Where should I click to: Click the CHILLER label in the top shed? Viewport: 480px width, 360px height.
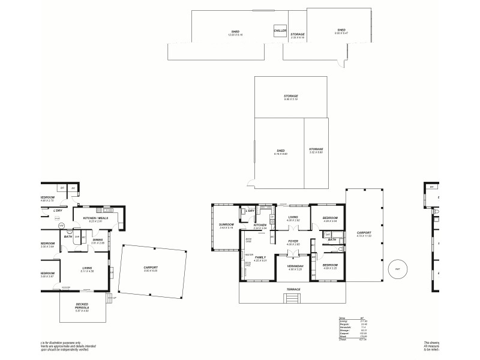coord(280,30)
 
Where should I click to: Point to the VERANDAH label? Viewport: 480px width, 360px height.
coord(295,267)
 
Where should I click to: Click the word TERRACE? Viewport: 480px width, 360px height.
coord(294,289)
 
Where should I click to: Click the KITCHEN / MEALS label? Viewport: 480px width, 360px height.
coord(96,219)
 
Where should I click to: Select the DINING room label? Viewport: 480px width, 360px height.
coord(98,241)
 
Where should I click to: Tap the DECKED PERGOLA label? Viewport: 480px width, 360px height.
coord(82,306)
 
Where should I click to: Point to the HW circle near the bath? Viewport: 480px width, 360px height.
coord(61,226)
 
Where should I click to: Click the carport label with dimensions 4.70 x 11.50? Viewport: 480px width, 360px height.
coord(364,234)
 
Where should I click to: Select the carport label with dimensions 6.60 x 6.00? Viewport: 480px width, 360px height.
coord(150,269)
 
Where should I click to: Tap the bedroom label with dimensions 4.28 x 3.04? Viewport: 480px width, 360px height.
coord(331,219)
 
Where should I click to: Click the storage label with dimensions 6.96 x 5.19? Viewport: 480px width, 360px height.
coord(291,97)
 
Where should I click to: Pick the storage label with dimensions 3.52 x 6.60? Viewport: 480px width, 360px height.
coord(316,150)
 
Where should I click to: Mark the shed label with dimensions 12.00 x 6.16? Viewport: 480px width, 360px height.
coord(235,32)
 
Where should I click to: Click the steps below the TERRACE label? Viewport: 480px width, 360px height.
coord(293,297)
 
